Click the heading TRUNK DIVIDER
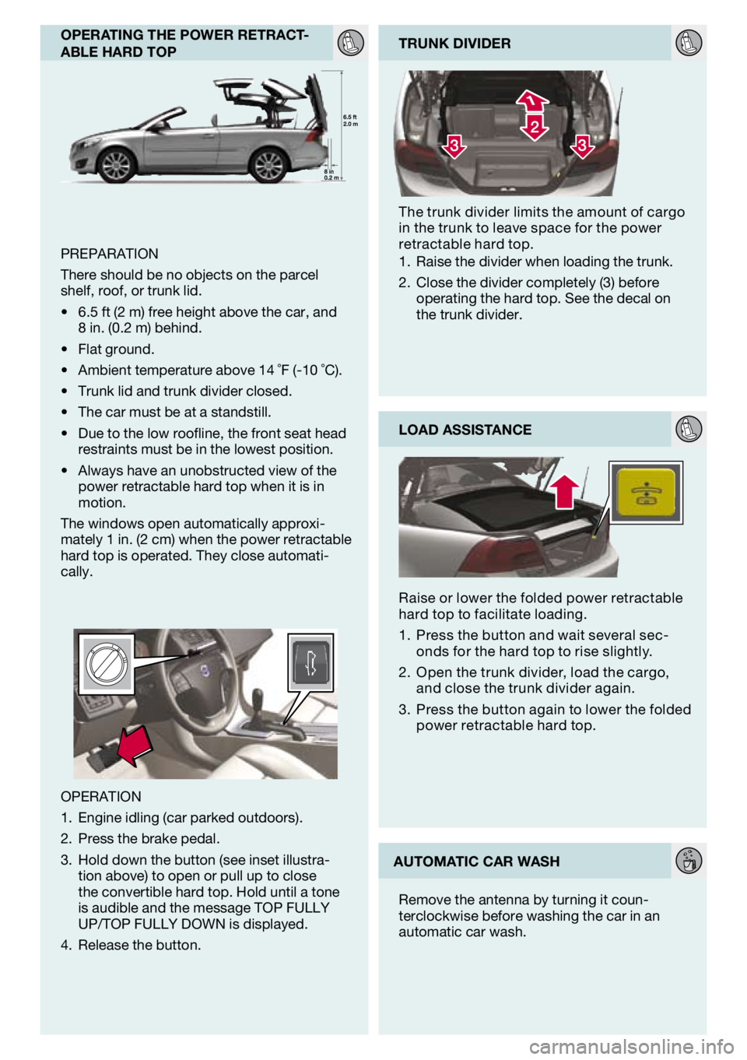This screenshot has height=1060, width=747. click(454, 44)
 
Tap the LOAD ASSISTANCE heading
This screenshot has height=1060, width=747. click(465, 430)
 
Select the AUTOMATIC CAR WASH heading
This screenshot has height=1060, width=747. click(476, 862)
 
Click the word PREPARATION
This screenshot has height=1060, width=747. click(109, 254)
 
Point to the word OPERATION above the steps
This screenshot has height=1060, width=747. click(101, 796)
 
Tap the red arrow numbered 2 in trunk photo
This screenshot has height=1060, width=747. click(535, 127)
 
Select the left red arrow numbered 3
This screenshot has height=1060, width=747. click(454, 145)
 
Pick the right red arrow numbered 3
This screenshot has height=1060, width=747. click(581, 145)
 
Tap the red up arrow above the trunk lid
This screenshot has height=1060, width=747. click(566, 490)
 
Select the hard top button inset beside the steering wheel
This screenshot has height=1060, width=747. click(310, 663)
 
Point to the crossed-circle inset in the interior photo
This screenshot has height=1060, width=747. click(104, 664)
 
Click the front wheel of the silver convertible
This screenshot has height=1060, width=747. click(117, 165)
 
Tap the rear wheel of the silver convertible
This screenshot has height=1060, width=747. click(268, 165)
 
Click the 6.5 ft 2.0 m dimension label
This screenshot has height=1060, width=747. click(350, 121)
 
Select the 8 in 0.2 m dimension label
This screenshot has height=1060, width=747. click(331, 174)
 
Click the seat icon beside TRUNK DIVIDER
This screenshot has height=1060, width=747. click(689, 43)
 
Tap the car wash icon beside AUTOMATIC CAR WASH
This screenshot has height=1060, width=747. click(689, 861)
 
